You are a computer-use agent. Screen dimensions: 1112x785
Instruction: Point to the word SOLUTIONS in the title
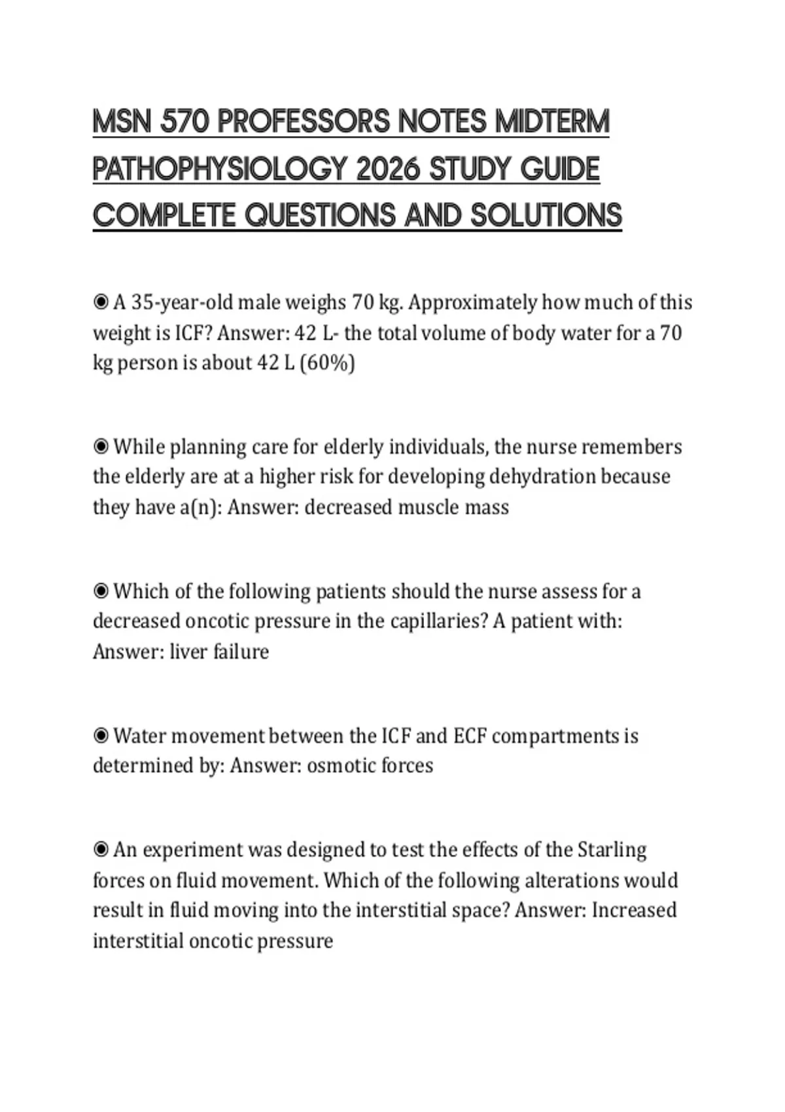tap(546, 216)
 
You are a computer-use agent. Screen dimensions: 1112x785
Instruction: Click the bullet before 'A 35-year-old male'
tap(101, 302)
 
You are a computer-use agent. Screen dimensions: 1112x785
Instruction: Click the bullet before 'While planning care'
tap(101, 447)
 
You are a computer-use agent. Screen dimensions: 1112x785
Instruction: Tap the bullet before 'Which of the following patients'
tap(101, 591)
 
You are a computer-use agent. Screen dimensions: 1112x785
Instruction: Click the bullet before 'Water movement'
tap(101, 736)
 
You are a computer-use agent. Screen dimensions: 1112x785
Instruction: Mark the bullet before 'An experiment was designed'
tap(101, 850)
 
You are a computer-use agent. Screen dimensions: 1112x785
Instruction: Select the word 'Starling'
tap(612, 850)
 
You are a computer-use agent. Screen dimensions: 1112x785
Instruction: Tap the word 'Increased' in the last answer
tap(634, 910)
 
